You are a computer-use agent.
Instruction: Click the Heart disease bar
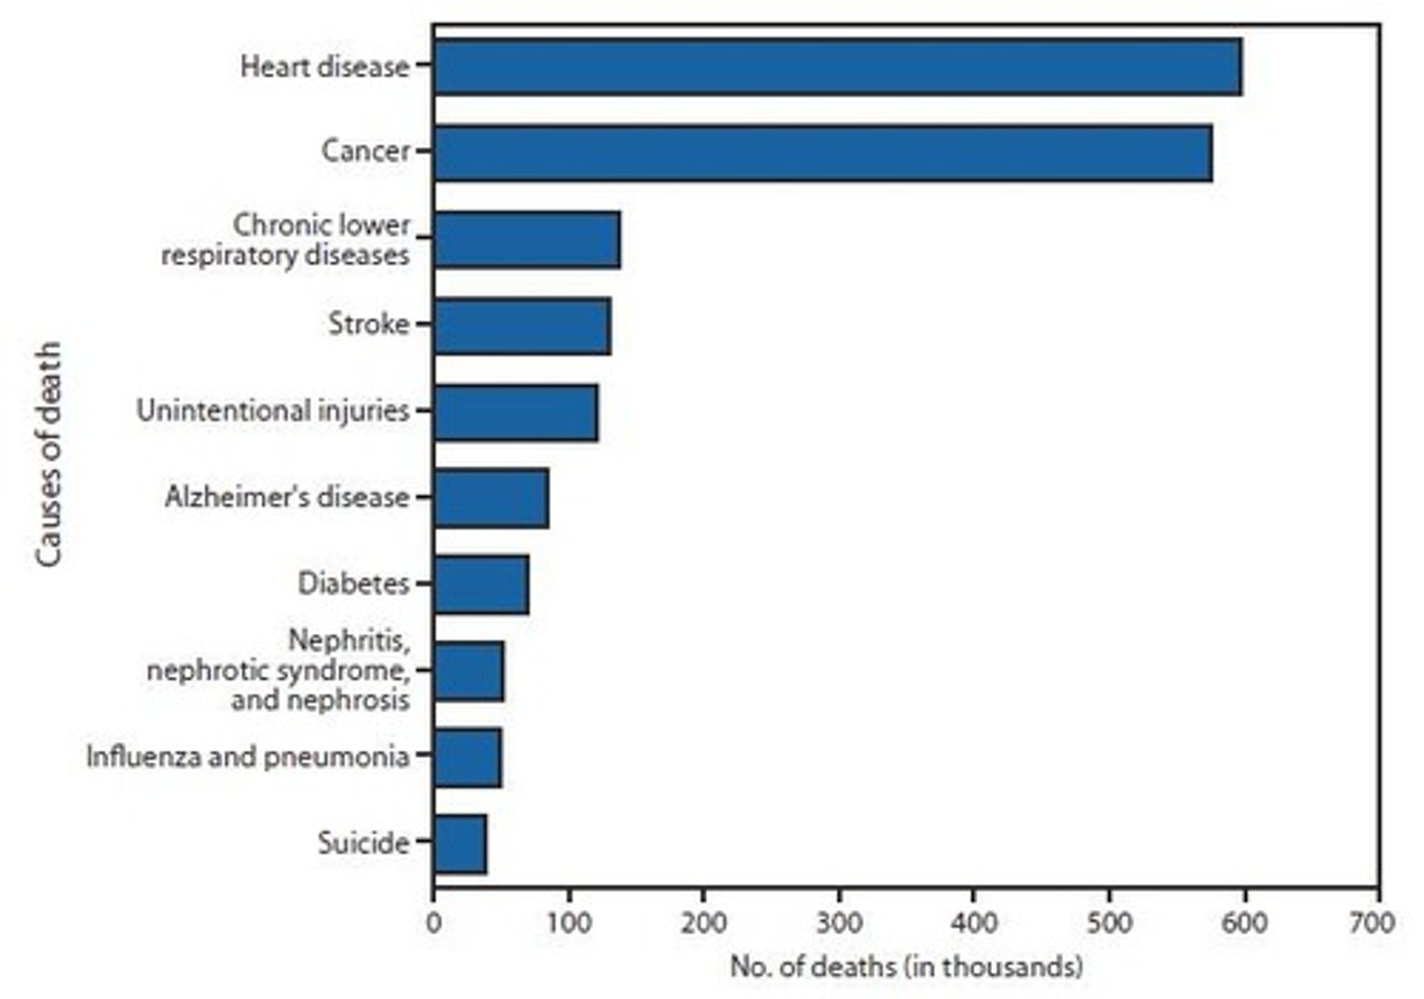837,67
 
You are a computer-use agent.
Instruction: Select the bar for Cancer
822,153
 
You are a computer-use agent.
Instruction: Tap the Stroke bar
521,325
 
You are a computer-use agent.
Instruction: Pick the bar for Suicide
460,844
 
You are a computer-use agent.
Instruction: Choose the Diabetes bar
481,585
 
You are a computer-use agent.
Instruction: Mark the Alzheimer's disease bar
490,498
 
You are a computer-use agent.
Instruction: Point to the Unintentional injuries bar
515,411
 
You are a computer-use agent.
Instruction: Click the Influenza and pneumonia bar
467,758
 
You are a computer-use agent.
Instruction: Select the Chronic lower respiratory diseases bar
526,239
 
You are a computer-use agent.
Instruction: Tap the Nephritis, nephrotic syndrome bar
469,672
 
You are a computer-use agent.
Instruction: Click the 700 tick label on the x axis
1378,923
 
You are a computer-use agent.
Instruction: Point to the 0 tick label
433,923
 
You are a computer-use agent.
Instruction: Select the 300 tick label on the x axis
839,923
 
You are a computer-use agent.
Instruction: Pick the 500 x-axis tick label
1109,923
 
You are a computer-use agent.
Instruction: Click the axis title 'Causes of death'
49,454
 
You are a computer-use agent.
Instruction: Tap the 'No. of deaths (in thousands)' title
906,966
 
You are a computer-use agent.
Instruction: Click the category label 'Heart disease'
324,67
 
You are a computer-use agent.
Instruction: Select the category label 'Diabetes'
353,584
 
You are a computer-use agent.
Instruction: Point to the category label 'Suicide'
363,844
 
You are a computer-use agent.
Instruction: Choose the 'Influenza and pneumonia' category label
247,757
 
